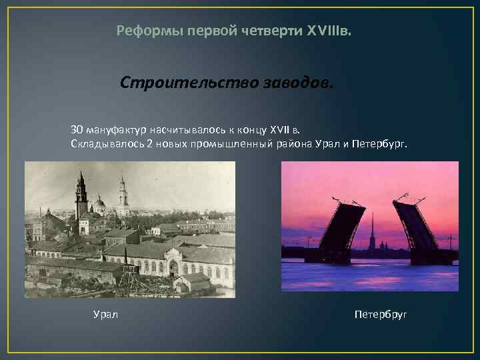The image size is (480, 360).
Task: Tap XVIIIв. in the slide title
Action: [333, 31]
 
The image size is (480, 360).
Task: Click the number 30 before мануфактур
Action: [77, 129]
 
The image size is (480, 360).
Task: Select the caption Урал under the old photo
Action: [105, 314]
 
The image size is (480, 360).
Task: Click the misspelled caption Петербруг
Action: [381, 314]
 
